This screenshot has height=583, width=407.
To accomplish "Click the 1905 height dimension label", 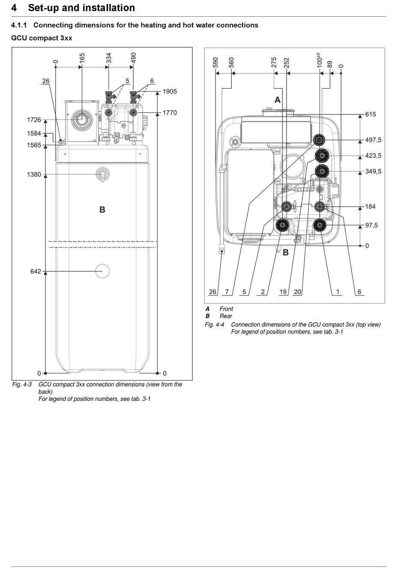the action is coord(170,92).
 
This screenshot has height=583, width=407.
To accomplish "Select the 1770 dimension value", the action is coord(170,113).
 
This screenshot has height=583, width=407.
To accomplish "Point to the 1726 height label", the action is coord(34,120).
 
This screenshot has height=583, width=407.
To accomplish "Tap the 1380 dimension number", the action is coord(34,174).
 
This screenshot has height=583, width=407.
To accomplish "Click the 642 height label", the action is coord(36,271).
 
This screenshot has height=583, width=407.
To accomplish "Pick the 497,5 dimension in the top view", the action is coord(373,140).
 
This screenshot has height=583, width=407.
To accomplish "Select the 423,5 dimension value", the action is coord(373,156).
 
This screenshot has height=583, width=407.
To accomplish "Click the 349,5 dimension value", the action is coord(373,171).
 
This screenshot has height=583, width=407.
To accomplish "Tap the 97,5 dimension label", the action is coord(371,225).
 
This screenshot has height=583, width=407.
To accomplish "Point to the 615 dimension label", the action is coord(370,114).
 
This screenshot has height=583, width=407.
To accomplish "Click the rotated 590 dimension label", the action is coord(215,63).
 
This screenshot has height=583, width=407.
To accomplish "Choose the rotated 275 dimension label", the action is coord(274,63).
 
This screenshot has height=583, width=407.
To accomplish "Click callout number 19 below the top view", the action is coord(283,292).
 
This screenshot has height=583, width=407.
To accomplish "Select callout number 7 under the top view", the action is coord(227,292).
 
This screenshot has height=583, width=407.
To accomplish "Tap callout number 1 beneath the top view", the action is coord(338,292).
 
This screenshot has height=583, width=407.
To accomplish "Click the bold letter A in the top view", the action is coord(278,100).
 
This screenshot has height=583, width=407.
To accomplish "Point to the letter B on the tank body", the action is coord(102,210).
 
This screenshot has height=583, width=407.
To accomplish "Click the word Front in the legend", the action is coord(226,309).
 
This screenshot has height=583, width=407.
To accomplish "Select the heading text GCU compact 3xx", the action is coord(42,38).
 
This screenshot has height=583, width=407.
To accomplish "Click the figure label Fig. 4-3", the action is coord(22,385).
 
